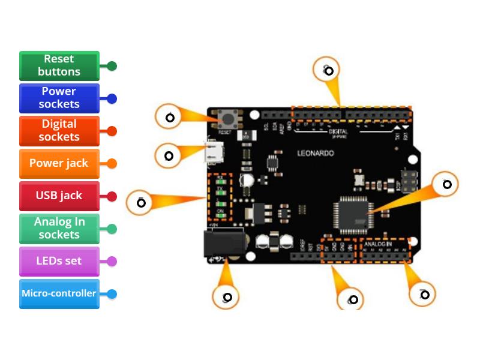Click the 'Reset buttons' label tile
59,65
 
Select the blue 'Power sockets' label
59,98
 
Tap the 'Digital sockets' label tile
59,131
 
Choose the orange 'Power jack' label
59,163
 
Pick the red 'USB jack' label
59,196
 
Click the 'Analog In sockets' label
59,229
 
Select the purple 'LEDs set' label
59,261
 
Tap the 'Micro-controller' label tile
59,293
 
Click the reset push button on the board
226,118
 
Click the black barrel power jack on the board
223,244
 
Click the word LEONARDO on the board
316,154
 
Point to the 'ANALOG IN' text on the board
378,244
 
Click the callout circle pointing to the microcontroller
446,184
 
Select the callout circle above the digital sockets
328,70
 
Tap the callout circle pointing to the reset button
170,118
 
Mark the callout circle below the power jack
226,297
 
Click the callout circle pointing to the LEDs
140,203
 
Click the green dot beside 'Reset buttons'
112,66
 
